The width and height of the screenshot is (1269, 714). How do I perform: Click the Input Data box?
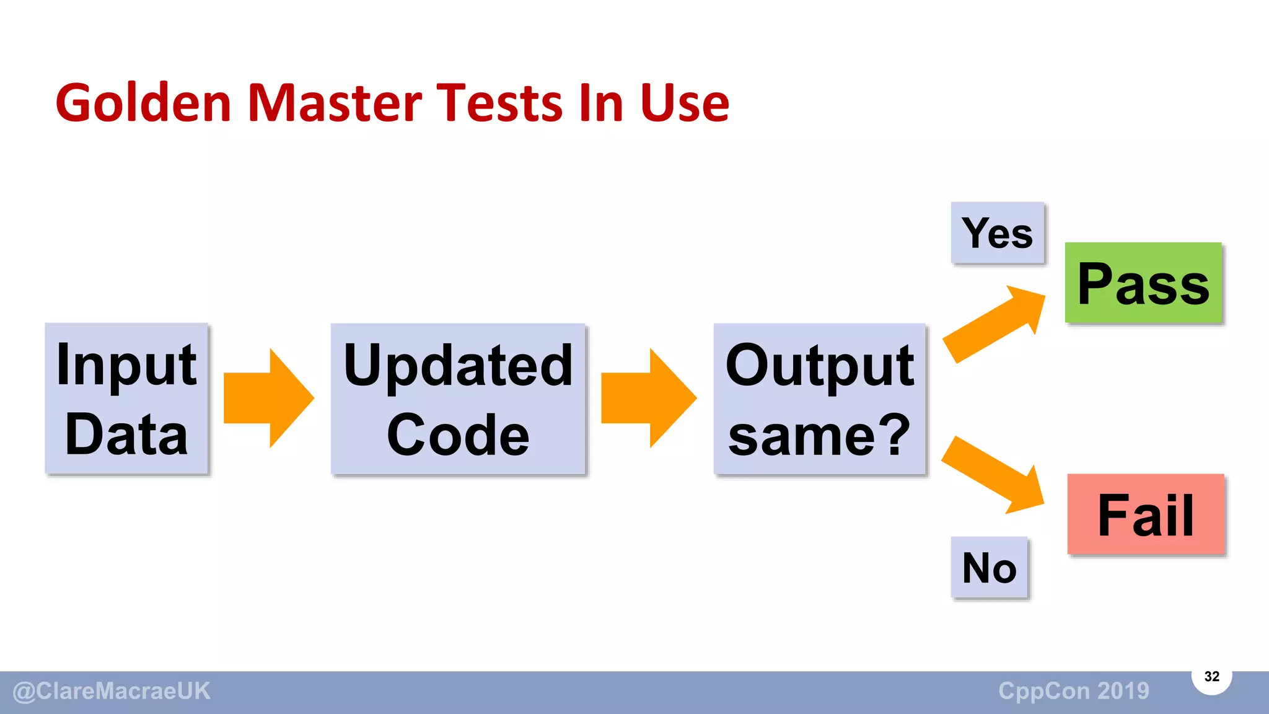point(126,399)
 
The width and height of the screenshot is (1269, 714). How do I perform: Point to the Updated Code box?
point(458,399)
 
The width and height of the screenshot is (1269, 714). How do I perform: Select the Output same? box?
point(819,399)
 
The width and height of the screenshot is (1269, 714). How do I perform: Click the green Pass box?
point(1143,283)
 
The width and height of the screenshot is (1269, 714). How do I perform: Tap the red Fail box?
point(1146,514)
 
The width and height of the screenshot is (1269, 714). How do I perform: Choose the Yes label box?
point(998,233)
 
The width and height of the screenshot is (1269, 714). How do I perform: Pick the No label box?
point(990,568)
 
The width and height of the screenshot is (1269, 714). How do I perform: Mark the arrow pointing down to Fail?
point(993,475)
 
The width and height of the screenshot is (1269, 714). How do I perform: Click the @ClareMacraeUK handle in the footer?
point(112,691)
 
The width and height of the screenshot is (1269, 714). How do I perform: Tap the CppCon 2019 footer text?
point(1073,691)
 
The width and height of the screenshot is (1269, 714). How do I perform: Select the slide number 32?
point(1211,676)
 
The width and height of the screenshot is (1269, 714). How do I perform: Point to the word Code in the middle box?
point(458,435)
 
